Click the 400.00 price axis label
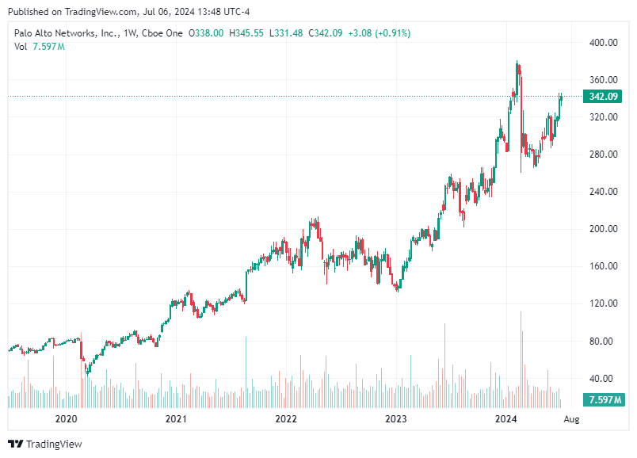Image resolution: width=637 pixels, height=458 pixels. coord(603,43)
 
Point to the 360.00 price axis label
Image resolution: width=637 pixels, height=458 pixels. coord(603,80)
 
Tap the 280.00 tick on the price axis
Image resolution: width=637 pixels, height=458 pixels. coord(603,155)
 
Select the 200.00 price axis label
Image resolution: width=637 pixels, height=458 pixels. coord(603,229)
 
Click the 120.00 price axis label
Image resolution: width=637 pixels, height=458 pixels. coord(603,303)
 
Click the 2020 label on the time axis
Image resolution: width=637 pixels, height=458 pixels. coord(66,418)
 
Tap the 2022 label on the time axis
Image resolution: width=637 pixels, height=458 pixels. coord(285,418)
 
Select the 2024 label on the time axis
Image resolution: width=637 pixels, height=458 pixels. coord(505,418)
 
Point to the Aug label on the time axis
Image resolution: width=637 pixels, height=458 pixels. coord(571,418)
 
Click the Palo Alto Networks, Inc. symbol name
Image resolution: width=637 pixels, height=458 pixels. coord(67,33)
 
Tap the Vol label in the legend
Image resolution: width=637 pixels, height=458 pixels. coord(21,47)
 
